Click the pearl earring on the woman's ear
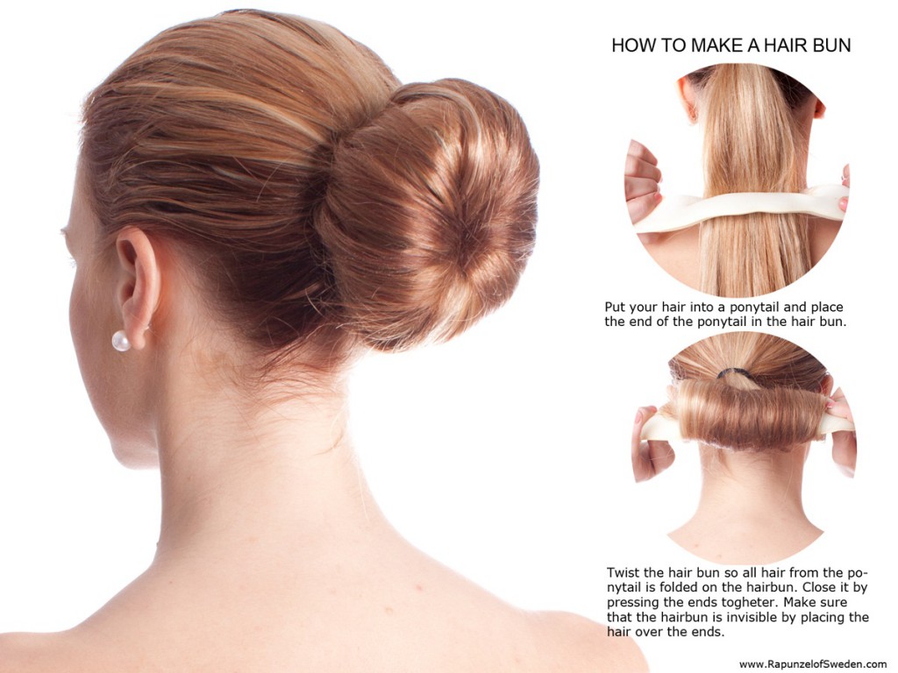pos(121,341)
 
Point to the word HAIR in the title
pos(767,46)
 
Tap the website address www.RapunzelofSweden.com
pos(813,664)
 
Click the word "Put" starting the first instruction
pos(616,308)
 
